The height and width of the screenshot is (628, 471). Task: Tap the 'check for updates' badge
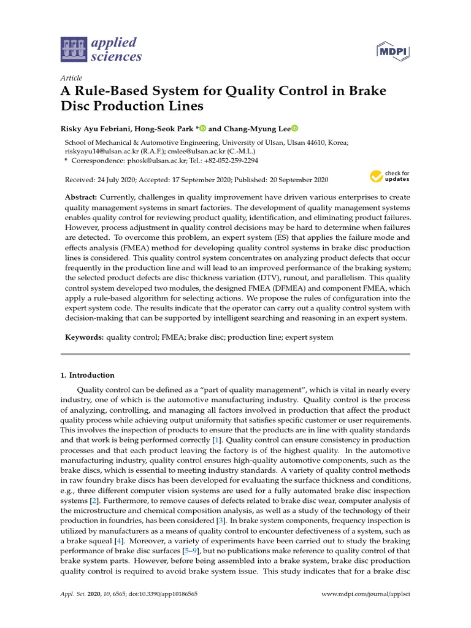pyautogui.click(x=389, y=177)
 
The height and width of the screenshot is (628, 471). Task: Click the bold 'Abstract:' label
pyautogui.click(x=81, y=197)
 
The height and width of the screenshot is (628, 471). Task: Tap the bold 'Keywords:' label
pyautogui.click(x=85, y=337)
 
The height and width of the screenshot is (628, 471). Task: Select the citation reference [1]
pyautogui.click(x=215, y=440)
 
